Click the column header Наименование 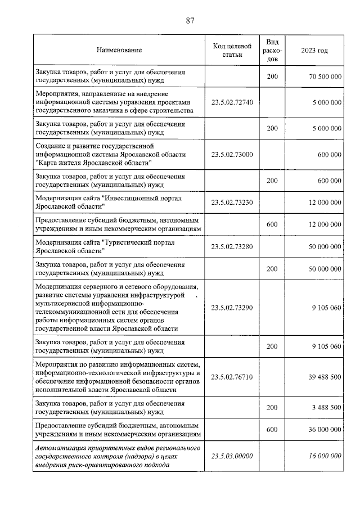click(119, 51)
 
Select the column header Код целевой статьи click(232, 51)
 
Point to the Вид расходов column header click(272, 51)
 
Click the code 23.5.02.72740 click(232, 102)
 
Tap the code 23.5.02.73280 click(232, 247)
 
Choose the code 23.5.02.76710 click(232, 377)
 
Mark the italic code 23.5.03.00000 click(232, 456)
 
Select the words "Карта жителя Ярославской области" click(93, 163)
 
